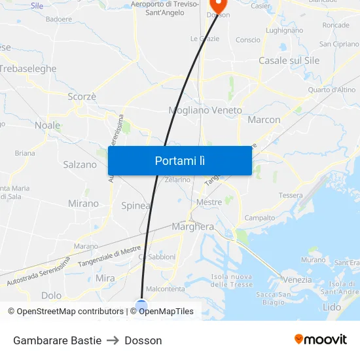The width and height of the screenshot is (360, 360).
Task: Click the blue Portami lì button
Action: point(179,160)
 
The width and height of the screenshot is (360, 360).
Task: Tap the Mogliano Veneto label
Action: point(205,111)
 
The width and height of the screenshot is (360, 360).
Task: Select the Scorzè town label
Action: point(82,96)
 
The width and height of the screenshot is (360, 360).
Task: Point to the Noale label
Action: point(47,125)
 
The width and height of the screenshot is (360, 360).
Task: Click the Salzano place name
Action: point(80,164)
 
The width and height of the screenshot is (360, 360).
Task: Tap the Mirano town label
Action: point(83,204)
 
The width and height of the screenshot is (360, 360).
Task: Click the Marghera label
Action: point(192,226)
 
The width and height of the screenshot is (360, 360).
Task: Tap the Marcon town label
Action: point(264,120)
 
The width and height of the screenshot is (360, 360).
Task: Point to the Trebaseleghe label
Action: point(28,69)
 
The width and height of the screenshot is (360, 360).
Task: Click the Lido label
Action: point(332,306)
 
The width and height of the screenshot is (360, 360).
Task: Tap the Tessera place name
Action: point(291,195)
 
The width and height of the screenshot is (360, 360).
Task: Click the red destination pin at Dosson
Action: point(217,6)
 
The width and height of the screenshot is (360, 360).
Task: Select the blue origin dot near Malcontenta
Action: point(141,304)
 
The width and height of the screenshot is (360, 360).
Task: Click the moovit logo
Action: point(320,339)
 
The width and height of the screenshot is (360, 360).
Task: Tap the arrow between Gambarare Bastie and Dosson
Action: point(113,340)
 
